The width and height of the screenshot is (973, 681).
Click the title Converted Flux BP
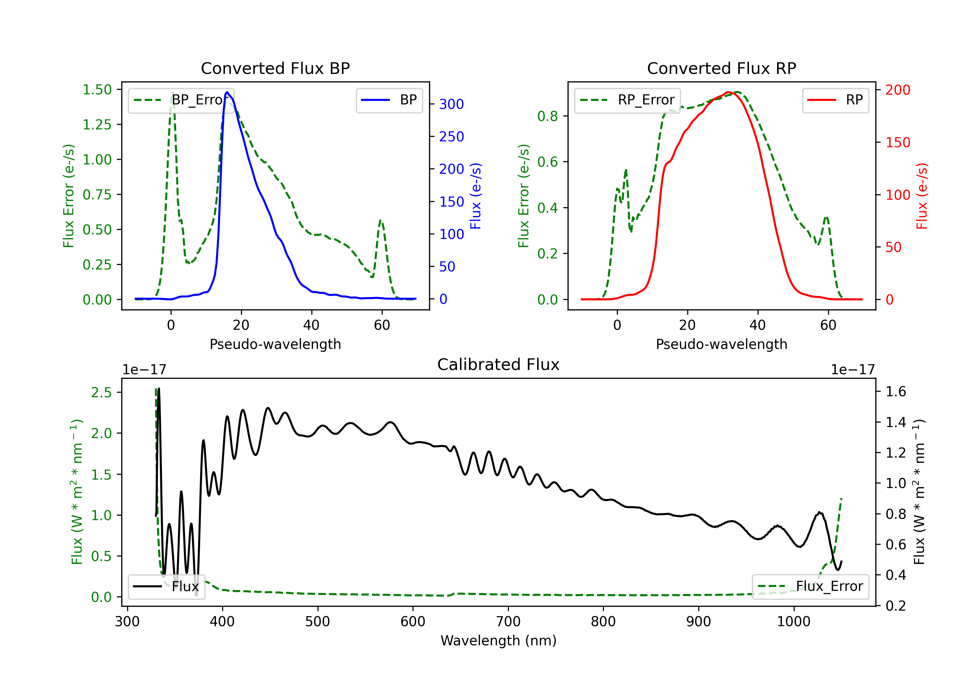click(x=275, y=68)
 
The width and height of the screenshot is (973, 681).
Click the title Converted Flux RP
click(x=721, y=68)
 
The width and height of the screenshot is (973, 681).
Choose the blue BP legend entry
click(x=389, y=100)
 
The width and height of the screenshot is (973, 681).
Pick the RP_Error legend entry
click(x=627, y=100)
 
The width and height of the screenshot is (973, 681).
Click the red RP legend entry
click(x=835, y=100)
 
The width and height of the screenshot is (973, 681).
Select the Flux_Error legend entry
click(x=810, y=587)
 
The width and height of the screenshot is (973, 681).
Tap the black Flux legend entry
click(x=166, y=587)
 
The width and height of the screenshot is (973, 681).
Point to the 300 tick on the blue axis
click(x=451, y=104)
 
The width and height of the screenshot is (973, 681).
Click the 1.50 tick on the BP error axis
click(x=97, y=90)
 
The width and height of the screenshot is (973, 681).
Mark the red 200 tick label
click(x=897, y=90)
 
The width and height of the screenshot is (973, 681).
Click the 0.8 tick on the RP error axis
click(x=547, y=116)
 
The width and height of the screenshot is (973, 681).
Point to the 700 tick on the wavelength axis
click(x=508, y=622)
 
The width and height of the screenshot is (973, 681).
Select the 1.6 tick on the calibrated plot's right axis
click(x=896, y=391)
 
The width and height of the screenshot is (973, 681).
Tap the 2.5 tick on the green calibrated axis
click(x=101, y=392)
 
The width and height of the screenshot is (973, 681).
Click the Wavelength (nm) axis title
click(x=499, y=640)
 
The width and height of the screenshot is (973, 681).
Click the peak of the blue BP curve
click(x=227, y=92)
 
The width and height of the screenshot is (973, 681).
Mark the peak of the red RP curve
click(x=727, y=92)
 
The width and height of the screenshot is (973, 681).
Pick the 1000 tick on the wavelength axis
click(x=793, y=622)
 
